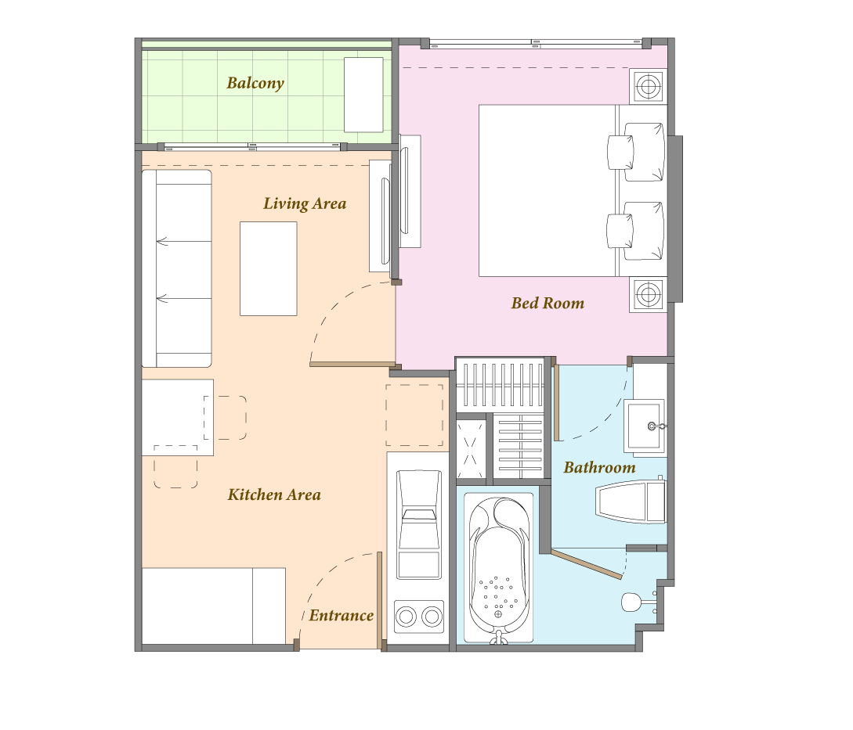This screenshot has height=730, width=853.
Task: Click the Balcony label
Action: pyautogui.click(x=255, y=83)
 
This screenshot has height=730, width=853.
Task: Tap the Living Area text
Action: pyautogui.click(x=305, y=203)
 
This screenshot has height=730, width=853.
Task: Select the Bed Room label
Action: pyautogui.click(x=548, y=303)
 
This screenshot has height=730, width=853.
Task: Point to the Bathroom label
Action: pyautogui.click(x=599, y=467)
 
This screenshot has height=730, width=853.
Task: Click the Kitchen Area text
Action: pyautogui.click(x=274, y=494)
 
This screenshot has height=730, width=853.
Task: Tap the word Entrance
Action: pyautogui.click(x=341, y=615)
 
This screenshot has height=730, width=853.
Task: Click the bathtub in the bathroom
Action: pyautogui.click(x=498, y=569)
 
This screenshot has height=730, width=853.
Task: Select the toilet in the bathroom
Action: pyautogui.click(x=631, y=501)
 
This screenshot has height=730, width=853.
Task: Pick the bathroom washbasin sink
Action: pyautogui.click(x=645, y=426)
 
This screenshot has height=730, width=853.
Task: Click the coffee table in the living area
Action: pyautogui.click(x=269, y=268)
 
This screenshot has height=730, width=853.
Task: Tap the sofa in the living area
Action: pyautogui.click(x=177, y=268)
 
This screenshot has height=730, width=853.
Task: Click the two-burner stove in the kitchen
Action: pyautogui.click(x=419, y=617)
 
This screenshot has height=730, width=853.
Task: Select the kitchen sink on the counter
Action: pyautogui.click(x=419, y=524)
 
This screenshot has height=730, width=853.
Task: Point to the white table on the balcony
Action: pyautogui.click(x=363, y=95)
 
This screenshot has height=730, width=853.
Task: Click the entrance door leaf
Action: pyautogui.click(x=380, y=600)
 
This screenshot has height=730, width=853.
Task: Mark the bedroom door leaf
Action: pyautogui.click(x=352, y=364)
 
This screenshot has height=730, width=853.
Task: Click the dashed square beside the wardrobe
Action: pyautogui.click(x=414, y=415)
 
